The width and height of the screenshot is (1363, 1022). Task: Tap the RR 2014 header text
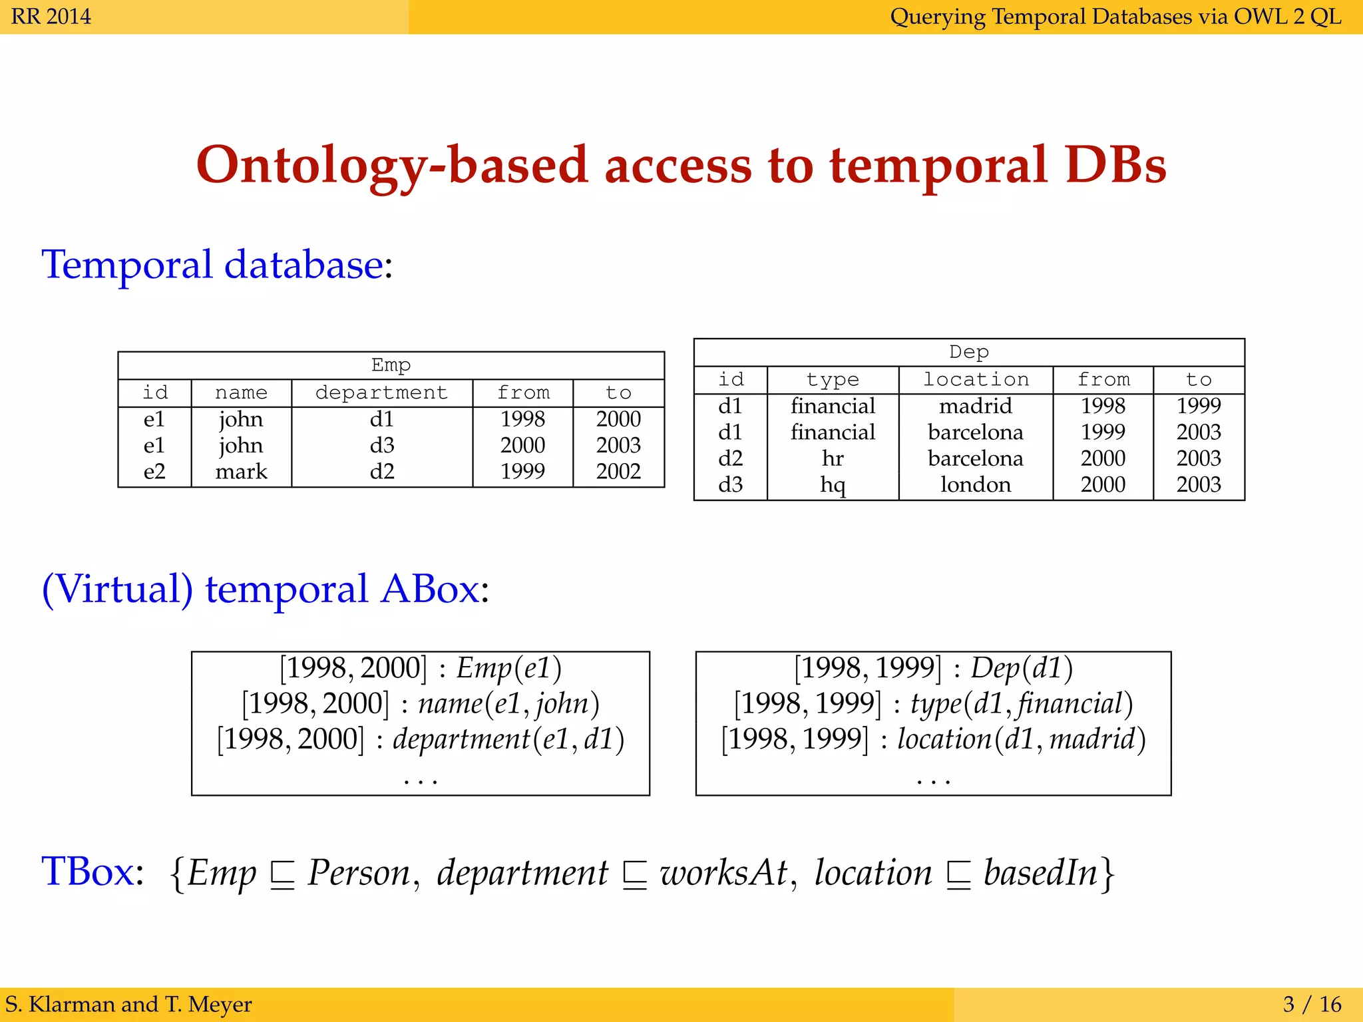(x=51, y=16)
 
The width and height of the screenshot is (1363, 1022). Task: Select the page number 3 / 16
(x=1312, y=1003)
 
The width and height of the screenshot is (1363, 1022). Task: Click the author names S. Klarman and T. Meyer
(x=128, y=1003)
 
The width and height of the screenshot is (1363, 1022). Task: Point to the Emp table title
(x=391, y=365)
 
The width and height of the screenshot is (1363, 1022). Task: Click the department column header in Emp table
(x=381, y=393)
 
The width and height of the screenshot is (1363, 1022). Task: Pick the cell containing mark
(x=241, y=471)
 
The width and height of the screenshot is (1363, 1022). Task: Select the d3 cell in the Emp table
(x=382, y=444)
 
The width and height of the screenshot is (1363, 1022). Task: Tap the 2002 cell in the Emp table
(x=618, y=471)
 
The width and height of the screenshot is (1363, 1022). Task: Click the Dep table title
(x=968, y=351)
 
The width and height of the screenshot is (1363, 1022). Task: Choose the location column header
(x=976, y=379)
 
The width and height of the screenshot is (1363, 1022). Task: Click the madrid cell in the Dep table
(x=976, y=405)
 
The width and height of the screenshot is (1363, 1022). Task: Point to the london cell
(x=976, y=484)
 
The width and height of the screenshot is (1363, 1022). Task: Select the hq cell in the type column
(x=833, y=484)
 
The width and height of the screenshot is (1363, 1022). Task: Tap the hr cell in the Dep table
(x=833, y=458)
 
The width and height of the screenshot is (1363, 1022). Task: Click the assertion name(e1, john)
(x=508, y=703)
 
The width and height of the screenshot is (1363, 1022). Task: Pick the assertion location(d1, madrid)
(x=1021, y=739)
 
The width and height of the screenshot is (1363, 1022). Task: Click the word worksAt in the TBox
(x=724, y=872)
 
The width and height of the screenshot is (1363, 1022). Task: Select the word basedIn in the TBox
(x=1040, y=872)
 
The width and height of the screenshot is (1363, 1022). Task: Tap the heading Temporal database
(x=213, y=264)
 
